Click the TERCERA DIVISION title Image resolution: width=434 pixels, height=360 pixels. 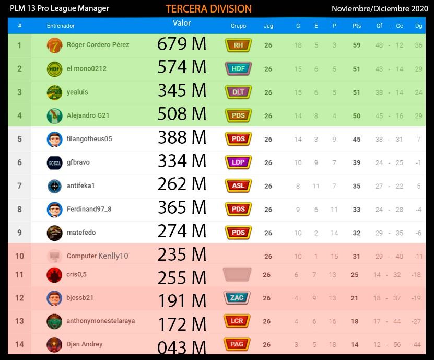[208, 9]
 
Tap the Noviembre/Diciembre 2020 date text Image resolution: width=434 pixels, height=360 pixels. [380, 8]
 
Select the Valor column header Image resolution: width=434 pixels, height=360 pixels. [182, 23]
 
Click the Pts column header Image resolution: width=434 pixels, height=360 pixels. [357, 26]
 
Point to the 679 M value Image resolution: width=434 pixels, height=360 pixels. [182, 44]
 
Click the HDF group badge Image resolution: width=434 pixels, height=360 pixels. [238, 68]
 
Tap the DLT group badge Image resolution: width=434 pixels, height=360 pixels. [238, 92]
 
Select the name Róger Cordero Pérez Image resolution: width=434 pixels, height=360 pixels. [98, 45]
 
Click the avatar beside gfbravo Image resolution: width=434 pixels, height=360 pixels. [54, 162]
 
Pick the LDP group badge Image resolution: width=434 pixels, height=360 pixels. [238, 162]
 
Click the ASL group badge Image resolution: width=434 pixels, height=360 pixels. [238, 185]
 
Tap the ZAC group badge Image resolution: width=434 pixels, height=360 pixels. [237, 298]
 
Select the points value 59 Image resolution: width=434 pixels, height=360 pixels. [357, 45]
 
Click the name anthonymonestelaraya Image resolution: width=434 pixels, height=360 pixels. [100, 321]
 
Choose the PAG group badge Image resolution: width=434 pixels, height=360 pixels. [237, 344]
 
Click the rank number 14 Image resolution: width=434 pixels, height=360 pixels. [19, 344]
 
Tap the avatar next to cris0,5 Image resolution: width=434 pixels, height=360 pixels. [54, 274]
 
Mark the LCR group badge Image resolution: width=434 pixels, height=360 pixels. [237, 321]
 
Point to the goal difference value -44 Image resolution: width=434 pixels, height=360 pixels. [416, 345]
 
